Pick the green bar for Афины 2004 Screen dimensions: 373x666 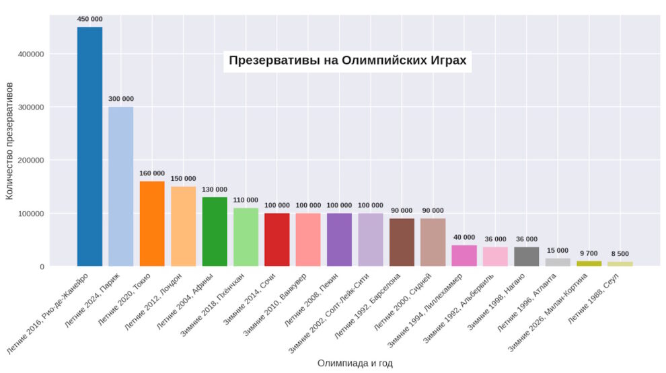pos(215,231)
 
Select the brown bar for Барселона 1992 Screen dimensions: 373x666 pos(402,242)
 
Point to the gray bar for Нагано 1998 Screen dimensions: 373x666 pos(526,256)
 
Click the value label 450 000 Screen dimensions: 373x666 pos(89,19)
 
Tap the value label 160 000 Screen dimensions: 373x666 pos(152,173)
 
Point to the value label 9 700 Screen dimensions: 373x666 pos(589,253)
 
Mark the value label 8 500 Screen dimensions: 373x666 pos(620,254)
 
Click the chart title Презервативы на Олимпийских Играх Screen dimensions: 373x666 pos(347,60)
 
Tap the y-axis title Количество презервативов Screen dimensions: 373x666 pos(10,141)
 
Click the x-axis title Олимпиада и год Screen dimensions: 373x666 pos(355,363)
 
